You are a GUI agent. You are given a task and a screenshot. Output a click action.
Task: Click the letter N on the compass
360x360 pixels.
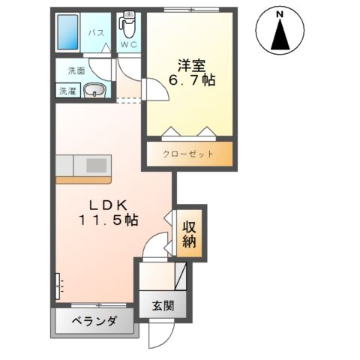click(x=280, y=13)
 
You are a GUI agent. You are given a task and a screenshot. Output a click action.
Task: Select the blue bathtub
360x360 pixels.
click(x=70, y=31)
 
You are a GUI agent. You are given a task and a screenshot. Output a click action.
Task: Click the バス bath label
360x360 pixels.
click(x=96, y=33)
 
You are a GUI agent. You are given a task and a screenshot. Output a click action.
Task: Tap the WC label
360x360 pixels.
click(x=128, y=45)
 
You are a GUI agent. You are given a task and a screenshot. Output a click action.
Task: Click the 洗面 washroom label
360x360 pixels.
click(x=76, y=70)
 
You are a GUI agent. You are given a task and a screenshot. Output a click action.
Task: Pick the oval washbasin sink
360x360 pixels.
click(x=94, y=91)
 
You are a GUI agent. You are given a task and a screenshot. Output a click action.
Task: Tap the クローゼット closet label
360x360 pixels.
click(x=188, y=154)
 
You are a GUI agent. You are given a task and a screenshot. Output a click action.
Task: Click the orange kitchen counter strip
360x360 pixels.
click(x=82, y=179)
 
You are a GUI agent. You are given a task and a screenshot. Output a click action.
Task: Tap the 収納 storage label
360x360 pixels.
click(x=189, y=232)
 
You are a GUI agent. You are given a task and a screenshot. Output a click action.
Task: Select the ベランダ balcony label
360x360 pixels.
click(x=94, y=322)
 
